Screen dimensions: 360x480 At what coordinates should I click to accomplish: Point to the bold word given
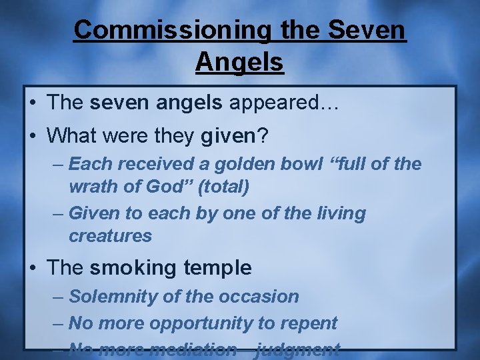point(228,137)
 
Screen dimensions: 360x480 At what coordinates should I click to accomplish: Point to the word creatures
point(110,236)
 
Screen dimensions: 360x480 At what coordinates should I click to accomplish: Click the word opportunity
point(201,323)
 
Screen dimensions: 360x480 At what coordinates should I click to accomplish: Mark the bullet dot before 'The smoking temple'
point(33,268)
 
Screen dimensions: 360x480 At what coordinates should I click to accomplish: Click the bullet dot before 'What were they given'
point(33,137)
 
